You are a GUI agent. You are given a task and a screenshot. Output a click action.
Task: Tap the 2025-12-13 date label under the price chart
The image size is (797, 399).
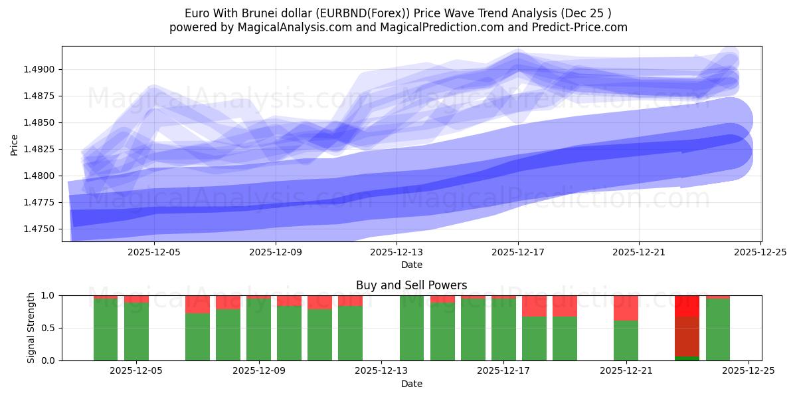tap(397, 252)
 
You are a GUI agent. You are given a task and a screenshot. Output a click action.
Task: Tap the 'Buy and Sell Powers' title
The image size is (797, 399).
tap(411, 285)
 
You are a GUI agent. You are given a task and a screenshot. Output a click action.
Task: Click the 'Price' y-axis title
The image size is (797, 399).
tap(15, 144)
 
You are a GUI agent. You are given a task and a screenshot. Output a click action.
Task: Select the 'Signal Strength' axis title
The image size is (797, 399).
tap(31, 328)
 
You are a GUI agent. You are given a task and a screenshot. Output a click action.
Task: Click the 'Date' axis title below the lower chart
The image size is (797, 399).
tap(411, 384)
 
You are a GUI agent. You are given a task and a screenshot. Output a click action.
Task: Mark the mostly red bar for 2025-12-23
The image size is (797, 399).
tap(687, 328)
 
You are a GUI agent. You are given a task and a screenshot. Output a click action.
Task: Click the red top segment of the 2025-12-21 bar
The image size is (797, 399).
tap(626, 308)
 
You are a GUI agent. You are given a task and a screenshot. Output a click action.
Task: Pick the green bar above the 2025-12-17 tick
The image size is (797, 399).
tap(503, 329)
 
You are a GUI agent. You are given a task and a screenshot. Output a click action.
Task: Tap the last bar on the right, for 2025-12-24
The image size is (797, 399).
tap(717, 329)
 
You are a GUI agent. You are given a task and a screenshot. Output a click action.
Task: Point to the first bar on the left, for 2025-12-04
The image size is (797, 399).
tap(106, 329)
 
